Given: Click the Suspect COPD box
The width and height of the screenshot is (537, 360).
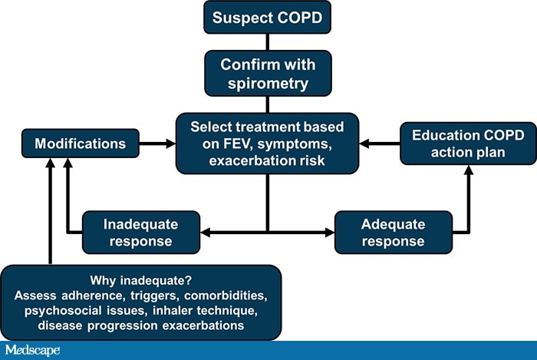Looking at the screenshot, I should point(267,16).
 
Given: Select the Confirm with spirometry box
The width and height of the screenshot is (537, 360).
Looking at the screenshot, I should point(267,73).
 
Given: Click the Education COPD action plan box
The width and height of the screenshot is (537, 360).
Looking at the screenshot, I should point(468,143).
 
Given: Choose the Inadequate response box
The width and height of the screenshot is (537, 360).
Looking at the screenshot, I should point(140,232).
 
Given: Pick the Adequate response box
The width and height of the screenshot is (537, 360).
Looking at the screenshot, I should point(393,232).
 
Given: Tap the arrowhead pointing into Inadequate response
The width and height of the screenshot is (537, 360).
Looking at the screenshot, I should point(205,232).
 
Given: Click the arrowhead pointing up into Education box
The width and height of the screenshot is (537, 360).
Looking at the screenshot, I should point(468,170).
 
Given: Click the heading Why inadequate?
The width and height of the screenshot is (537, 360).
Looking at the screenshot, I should point(140,279).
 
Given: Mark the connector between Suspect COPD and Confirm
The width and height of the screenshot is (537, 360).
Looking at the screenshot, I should point(267,42).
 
